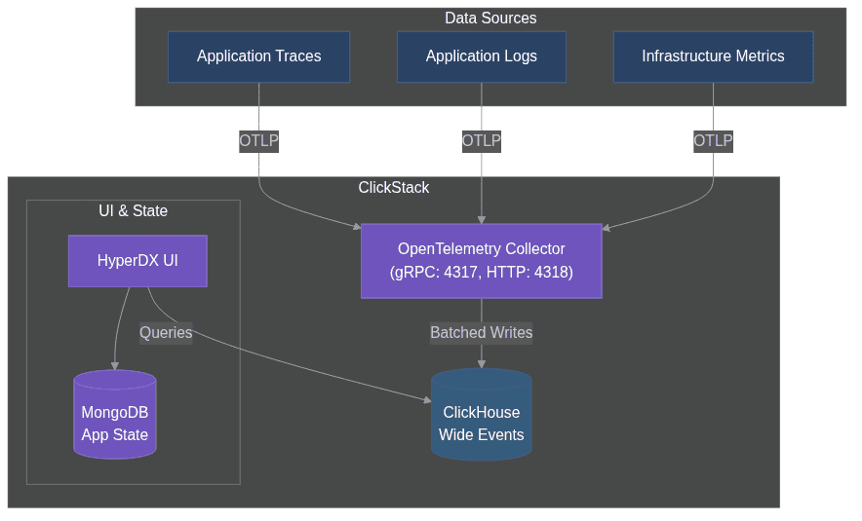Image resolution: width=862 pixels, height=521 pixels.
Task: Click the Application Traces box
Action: tap(258, 56)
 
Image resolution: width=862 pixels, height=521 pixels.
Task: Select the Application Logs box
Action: tap(481, 56)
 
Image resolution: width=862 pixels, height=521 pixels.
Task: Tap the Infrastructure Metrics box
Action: tap(713, 56)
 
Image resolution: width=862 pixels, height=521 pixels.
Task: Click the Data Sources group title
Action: tap(490, 19)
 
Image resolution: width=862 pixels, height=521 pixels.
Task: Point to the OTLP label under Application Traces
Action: tap(259, 141)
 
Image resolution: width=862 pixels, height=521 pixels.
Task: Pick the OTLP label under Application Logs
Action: tap(482, 141)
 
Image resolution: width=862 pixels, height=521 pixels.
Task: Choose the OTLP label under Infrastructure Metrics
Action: tap(713, 141)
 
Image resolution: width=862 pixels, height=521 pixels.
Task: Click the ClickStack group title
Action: tap(393, 188)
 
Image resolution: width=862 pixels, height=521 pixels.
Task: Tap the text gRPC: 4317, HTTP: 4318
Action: tap(481, 273)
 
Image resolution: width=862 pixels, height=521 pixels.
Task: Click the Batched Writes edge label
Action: tap(481, 333)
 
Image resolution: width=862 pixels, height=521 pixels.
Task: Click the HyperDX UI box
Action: tap(137, 261)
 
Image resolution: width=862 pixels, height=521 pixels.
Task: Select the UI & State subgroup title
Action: tap(133, 211)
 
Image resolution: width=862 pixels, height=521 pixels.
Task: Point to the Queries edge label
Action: tap(166, 333)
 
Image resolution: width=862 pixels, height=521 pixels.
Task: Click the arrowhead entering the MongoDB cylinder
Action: tap(115, 366)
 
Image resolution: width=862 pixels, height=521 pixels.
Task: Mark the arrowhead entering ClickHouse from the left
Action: tap(427, 399)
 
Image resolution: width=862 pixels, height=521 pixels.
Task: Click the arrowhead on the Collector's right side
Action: tap(606, 229)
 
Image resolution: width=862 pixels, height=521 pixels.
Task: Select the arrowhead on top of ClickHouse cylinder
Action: tap(481, 364)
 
